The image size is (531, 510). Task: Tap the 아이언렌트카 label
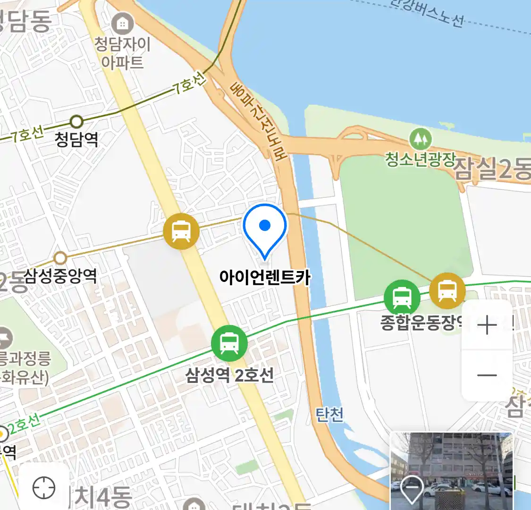(265, 277)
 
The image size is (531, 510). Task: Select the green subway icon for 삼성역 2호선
(229, 343)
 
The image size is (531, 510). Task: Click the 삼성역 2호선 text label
(229, 375)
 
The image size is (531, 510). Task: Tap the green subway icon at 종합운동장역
(402, 297)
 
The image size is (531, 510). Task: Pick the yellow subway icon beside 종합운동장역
(447, 290)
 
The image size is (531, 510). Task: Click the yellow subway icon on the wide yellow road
(181, 231)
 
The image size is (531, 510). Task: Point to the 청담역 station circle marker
(76, 122)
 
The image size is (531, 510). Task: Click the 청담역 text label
(76, 139)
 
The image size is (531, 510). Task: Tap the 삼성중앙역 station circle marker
(60, 258)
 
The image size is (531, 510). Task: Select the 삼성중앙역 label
(60, 276)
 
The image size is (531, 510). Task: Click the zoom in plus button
(487, 325)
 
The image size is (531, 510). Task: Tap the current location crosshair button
(44, 487)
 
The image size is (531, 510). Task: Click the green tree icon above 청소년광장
(420, 139)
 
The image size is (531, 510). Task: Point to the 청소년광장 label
(420, 159)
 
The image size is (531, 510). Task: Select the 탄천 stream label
(329, 415)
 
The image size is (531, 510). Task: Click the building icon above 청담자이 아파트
(123, 23)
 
